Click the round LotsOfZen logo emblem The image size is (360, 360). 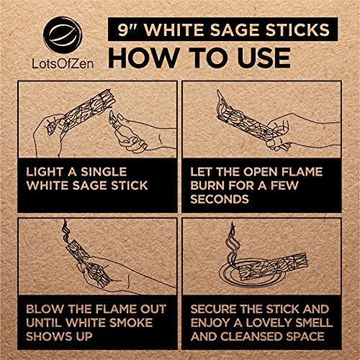63,35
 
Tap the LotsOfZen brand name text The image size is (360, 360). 63,63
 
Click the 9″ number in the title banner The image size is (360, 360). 126,30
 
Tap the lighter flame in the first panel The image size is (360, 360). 112,117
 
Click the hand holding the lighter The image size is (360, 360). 139,133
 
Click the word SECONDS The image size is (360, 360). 220,199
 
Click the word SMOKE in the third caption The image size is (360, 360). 131,323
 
